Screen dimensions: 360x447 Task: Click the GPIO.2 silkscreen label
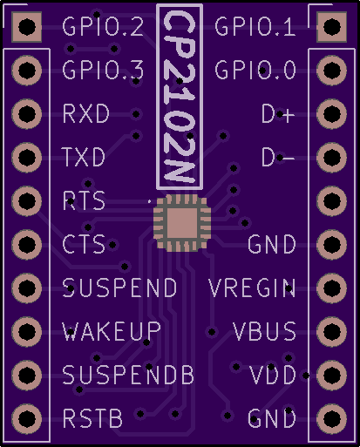103,26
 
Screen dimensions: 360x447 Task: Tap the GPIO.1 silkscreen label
255,26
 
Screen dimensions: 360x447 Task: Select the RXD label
86,113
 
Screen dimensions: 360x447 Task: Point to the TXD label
84,157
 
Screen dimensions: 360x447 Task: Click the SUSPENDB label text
128,375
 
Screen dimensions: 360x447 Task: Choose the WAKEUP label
112,331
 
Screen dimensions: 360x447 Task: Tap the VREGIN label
252,288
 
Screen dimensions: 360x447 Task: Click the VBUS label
264,331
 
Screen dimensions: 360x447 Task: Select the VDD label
273,375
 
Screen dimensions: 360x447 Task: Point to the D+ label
278,113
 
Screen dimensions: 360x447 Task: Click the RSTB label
92,418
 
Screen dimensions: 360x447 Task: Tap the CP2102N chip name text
180,97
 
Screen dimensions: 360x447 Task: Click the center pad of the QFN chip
180,223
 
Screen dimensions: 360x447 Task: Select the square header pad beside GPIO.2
27,27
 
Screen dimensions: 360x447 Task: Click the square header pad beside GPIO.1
331,27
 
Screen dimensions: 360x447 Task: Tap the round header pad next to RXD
27,114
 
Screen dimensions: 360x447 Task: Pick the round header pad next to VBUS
331,332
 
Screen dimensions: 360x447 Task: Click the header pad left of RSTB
27,419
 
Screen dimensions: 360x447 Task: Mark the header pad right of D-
331,158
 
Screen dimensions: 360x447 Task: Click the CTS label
84,244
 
